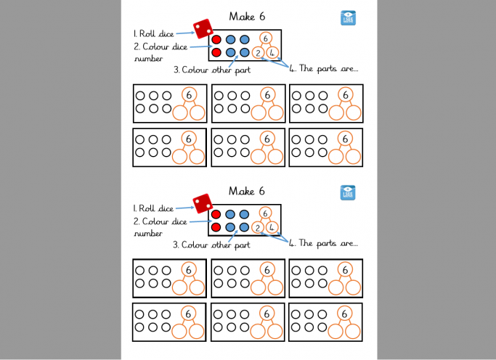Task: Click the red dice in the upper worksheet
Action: tap(203, 28)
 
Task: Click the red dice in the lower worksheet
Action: tap(202, 203)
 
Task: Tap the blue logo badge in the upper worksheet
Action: tap(348, 19)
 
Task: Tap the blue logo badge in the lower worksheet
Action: tap(348, 193)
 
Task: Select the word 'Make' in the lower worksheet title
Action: tap(241, 191)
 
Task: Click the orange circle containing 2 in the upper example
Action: tap(259, 52)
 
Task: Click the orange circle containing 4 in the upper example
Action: tap(272, 52)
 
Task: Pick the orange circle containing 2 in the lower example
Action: tap(259, 227)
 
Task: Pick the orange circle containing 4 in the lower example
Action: tap(272, 227)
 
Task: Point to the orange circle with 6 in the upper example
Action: tap(267, 38)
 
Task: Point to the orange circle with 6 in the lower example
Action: tap(266, 213)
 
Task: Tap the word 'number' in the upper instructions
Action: tap(149, 59)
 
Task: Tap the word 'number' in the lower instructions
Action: tap(148, 234)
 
